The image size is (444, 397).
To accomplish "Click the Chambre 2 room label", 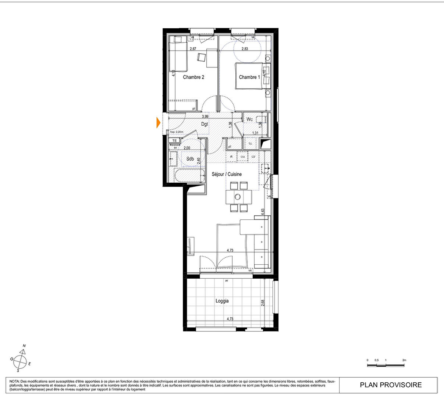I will point(193,77).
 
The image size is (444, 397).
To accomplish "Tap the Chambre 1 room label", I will point(249,77).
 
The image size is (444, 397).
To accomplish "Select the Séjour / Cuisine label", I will point(227,174).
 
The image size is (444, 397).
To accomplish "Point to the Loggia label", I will point(222,301).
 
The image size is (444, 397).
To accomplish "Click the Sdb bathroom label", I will point(190,159).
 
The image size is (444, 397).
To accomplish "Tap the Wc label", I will point(249,119).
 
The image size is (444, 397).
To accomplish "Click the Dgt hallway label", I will point(205,124).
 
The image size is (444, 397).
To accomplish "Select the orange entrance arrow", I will point(159,122).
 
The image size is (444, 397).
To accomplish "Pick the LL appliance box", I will point(251,143).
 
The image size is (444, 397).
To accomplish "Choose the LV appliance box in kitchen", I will point(253,157).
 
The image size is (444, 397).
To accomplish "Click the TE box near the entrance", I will point(175,140).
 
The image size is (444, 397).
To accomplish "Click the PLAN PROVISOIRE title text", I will point(391,385).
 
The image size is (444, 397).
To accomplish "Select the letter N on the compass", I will point(24,346).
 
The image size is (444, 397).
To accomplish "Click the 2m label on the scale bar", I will point(404,360).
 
